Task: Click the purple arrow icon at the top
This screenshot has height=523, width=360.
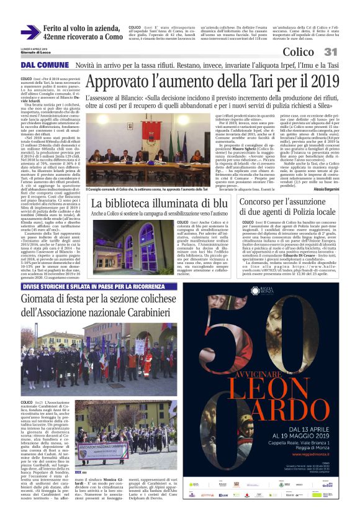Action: [x=30, y=32]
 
